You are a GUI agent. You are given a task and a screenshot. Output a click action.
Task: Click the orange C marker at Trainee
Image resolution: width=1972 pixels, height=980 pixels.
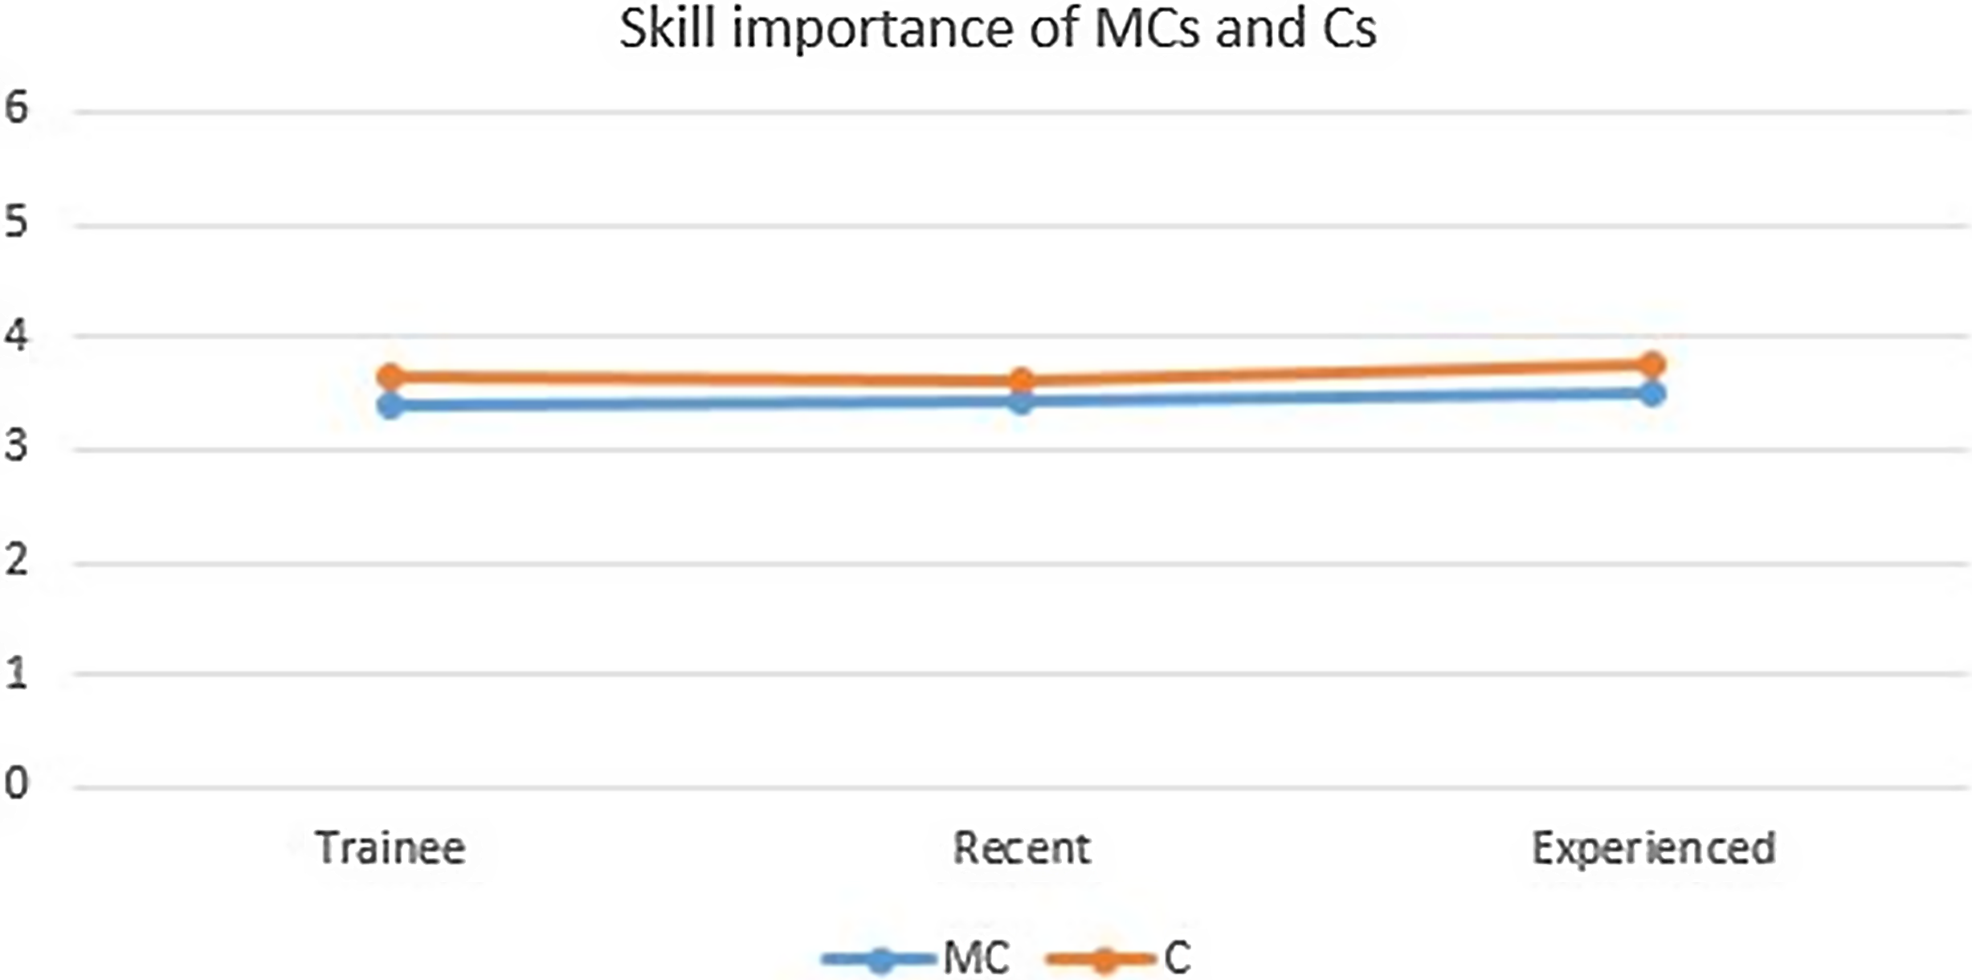point(390,375)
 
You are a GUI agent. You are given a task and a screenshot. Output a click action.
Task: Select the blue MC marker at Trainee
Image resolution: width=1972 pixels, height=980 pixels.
point(390,406)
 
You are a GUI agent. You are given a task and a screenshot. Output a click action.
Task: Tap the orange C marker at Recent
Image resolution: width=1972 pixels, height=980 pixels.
point(1021,380)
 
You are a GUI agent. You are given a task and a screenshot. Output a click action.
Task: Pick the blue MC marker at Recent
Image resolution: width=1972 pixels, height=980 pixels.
point(1021,400)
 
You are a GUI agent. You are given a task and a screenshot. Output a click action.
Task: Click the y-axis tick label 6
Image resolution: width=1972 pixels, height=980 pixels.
point(16,108)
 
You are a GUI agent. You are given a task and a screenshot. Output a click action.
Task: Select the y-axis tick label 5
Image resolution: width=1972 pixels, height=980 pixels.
point(16,221)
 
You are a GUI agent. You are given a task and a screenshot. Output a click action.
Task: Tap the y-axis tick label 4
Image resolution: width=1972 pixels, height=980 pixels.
point(16,333)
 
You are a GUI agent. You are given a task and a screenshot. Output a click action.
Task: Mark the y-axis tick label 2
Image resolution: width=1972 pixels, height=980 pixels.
point(16,559)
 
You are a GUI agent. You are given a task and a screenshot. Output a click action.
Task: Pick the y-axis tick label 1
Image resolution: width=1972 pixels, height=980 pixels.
point(16,672)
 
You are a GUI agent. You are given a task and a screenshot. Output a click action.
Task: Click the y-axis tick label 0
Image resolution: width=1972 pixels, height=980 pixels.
point(16,784)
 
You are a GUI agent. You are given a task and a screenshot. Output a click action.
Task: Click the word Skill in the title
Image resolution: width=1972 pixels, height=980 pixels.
point(668,31)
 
